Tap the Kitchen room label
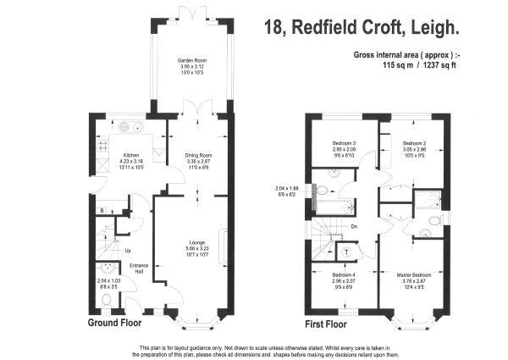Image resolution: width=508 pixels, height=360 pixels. tap(131, 155)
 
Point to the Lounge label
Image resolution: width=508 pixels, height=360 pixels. tap(196, 242)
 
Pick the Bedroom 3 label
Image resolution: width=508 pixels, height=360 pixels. tap(343, 143)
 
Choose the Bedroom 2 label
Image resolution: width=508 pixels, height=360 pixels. tap(413, 143)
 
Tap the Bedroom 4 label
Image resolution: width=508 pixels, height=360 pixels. tap(344, 276)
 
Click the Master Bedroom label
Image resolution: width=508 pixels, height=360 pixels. tap(415, 276)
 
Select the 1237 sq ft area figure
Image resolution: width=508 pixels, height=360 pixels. tap(440, 64)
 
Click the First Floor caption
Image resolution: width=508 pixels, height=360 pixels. tap(326, 324)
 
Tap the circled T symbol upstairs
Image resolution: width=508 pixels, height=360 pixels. tap(347, 250)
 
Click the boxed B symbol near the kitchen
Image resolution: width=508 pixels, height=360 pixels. tap(102, 209)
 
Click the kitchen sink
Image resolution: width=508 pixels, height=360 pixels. tap(131, 128)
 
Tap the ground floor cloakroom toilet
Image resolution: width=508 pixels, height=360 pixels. tap(104, 300)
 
